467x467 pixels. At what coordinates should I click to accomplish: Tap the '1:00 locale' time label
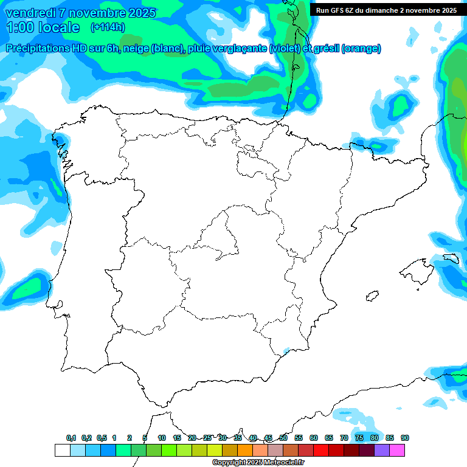coord(43,27)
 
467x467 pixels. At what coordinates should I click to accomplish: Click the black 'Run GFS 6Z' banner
coord(387,10)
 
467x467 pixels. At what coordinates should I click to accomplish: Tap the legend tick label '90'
coord(404,438)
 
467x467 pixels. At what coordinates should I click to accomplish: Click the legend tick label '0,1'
coord(71,438)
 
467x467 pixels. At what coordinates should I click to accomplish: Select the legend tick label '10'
coord(162,438)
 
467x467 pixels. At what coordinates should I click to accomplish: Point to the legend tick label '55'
coord(299,438)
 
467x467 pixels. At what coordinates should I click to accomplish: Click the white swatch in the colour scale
coord(62,450)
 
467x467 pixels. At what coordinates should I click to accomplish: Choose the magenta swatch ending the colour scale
coord(397,450)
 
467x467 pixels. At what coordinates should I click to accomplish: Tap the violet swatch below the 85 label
coord(382,450)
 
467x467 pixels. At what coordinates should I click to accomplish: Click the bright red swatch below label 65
coord(321,450)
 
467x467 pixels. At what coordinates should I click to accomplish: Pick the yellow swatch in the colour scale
coord(214,450)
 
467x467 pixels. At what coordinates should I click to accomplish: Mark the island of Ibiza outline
coord(371,296)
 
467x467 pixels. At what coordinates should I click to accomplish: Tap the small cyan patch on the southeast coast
coord(286,351)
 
